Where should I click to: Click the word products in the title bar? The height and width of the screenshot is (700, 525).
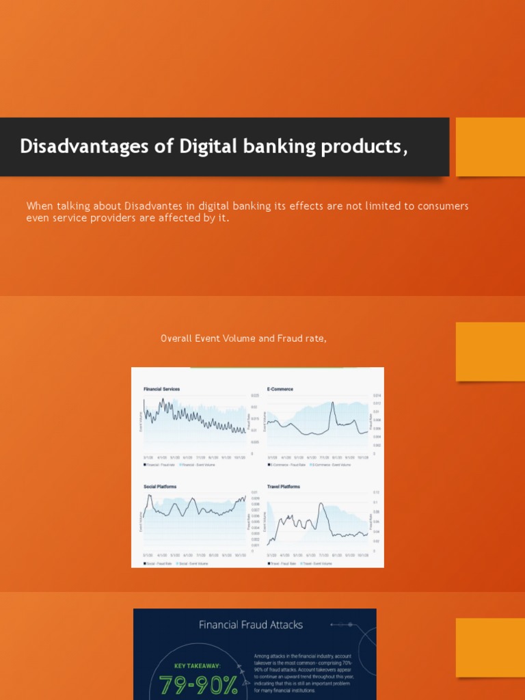tap(366, 146)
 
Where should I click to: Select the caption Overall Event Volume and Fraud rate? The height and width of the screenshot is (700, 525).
tap(239, 338)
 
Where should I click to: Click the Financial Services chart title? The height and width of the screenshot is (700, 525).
tap(161, 389)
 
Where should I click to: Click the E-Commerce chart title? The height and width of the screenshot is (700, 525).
tap(280, 389)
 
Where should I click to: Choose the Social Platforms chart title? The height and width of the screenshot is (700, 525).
tap(160, 487)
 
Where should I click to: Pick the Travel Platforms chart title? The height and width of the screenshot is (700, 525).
tap(284, 487)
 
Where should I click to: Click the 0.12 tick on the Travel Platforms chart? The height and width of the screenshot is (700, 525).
tap(375, 492)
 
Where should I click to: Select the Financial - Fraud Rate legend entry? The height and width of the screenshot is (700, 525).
tap(159, 465)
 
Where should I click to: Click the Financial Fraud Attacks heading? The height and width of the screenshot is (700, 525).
tap(250, 624)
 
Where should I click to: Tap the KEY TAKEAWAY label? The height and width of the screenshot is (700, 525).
tap(199, 664)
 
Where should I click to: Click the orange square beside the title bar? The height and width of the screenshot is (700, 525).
tap(489, 146)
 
